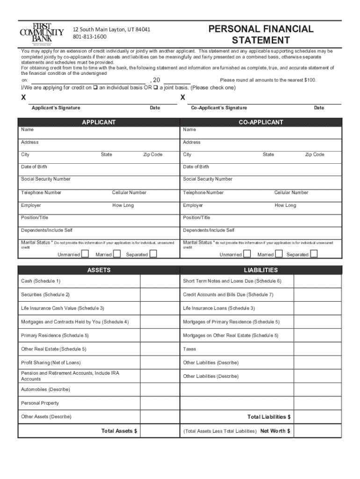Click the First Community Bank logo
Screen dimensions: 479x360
click(42, 33)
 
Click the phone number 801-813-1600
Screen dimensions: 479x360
click(89, 36)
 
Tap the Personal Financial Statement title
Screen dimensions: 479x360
click(261, 35)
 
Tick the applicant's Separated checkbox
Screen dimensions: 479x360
click(153, 254)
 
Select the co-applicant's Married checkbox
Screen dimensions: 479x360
click(279, 254)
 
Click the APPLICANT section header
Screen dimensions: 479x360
click(99, 123)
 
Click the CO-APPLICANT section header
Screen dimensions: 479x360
click(261, 123)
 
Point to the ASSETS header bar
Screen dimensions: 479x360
click(99, 270)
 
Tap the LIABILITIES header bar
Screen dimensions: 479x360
click(261, 270)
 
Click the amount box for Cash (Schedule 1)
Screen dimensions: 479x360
click(159, 281)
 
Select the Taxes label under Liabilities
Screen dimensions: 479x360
click(190, 349)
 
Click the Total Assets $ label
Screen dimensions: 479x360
click(119, 431)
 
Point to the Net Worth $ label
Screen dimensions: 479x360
click(275, 431)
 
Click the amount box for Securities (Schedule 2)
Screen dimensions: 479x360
click(159, 295)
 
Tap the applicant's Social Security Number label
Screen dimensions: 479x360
click(46, 179)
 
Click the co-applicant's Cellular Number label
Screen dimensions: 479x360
click(291, 193)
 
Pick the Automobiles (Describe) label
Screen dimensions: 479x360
click(45, 390)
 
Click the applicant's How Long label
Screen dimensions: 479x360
click(123, 205)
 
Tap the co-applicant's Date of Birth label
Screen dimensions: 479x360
click(196, 167)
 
